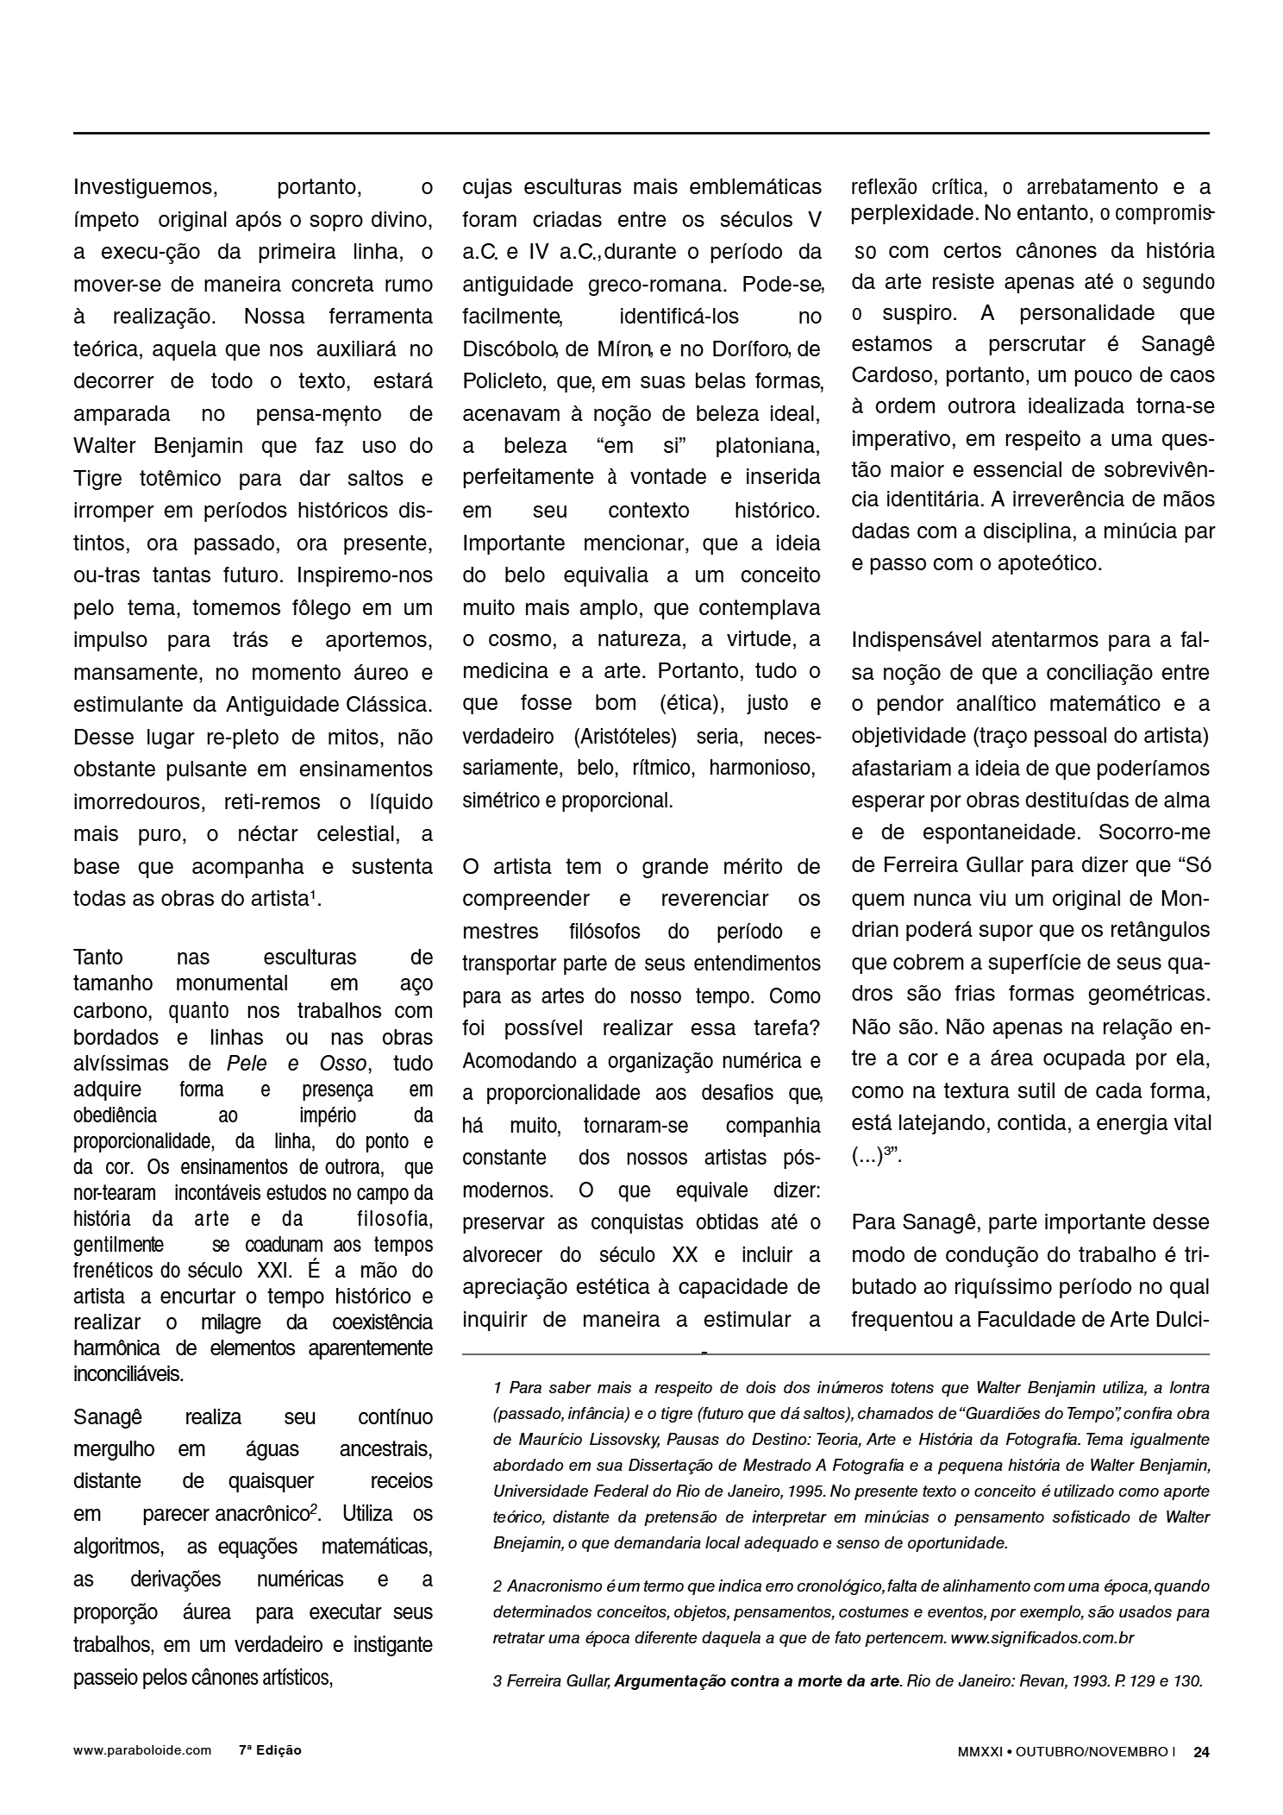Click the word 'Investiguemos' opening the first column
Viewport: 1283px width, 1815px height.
pos(143,187)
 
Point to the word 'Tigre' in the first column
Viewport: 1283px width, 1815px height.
pos(98,479)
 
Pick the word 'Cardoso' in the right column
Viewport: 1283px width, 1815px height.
pos(888,376)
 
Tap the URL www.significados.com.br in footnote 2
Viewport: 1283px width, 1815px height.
pos(1042,1638)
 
